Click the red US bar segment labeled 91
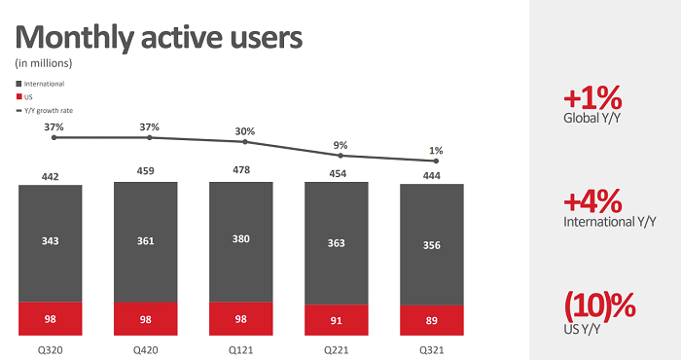click(x=336, y=318)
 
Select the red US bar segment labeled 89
click(x=432, y=318)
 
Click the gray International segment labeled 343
click(x=50, y=242)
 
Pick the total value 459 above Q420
click(x=145, y=173)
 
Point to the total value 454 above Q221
click(x=336, y=173)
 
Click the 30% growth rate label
click(x=245, y=131)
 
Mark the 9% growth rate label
click(x=340, y=145)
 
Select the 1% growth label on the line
click(x=436, y=150)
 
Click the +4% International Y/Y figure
click(x=592, y=201)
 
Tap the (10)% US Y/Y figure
click(x=599, y=305)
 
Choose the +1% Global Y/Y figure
click(x=591, y=98)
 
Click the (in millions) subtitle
click(x=43, y=63)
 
